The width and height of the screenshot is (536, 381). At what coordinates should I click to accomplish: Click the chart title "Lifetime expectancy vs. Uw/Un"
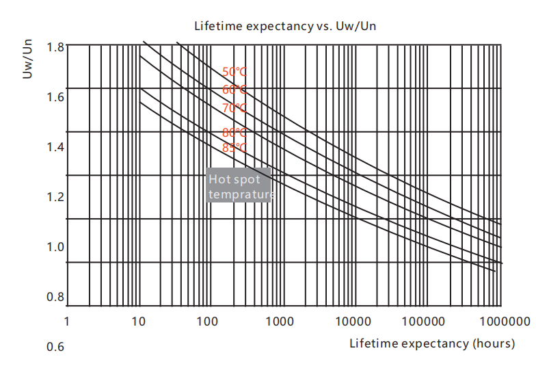286,27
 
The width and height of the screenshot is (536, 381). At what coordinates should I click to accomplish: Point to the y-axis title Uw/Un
27,60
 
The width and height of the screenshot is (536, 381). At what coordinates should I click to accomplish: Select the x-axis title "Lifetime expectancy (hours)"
432,343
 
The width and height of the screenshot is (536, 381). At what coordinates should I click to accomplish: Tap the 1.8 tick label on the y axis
56,47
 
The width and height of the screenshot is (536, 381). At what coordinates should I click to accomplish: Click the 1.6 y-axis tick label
56,97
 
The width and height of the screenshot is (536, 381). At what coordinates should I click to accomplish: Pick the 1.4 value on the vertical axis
56,147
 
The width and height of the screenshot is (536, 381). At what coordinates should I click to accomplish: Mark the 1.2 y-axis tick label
56,197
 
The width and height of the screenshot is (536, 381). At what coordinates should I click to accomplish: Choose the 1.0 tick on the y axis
56,247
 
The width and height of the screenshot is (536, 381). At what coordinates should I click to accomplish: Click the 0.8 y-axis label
56,297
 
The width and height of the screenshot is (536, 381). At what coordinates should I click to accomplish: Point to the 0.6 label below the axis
55,347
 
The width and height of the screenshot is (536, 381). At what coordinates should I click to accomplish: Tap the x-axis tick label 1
67,321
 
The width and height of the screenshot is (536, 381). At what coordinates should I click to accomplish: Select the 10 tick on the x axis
137,321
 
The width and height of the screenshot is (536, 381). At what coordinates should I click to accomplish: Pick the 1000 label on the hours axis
279,321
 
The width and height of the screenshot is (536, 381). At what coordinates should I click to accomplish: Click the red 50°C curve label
234,72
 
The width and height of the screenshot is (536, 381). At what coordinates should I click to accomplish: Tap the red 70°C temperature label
234,108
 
